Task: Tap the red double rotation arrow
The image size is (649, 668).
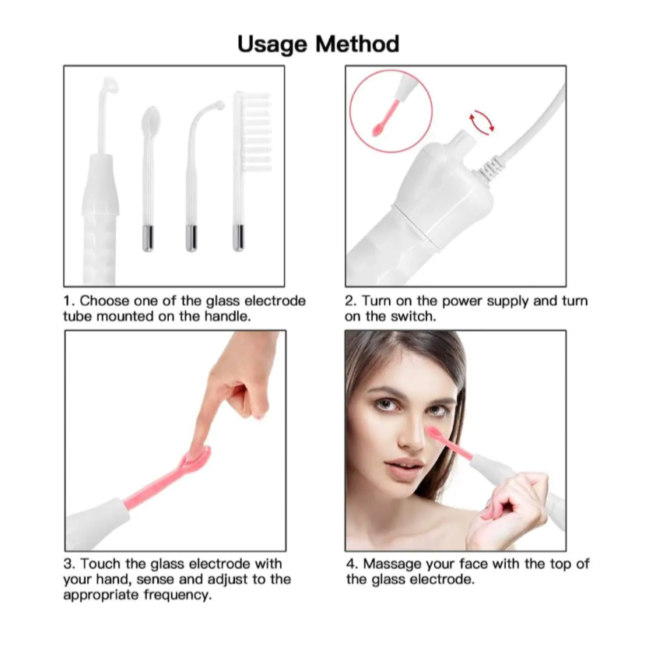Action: pos(481,121)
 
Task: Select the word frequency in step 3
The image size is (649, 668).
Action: pos(181,595)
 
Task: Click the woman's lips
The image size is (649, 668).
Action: pos(405,466)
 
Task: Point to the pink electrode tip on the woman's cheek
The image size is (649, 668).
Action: pos(433,431)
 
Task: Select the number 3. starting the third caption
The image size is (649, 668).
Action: pos(68,564)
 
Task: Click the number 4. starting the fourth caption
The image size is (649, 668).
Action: pos(352,564)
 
